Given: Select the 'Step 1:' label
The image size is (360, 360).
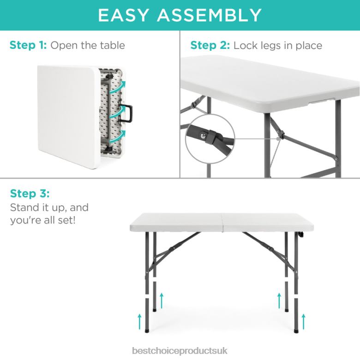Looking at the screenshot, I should click(x=28, y=45).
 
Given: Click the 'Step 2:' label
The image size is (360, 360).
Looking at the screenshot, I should click(x=210, y=45).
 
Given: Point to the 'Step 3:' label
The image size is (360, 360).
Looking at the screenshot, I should click(x=29, y=192).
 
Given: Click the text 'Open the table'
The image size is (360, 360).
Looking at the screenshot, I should click(x=88, y=45).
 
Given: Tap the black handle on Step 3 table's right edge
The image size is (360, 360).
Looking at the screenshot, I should click(x=300, y=235).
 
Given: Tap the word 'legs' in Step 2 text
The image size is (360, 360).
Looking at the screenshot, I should click(x=268, y=46).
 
